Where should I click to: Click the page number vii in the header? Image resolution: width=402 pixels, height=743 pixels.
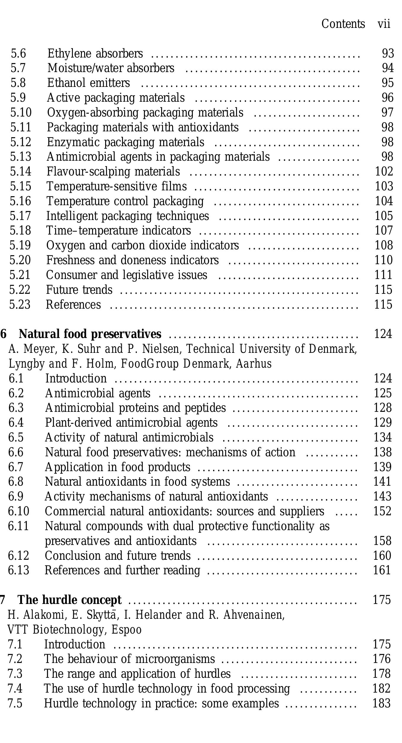384,24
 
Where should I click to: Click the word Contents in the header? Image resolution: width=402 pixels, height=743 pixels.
343,24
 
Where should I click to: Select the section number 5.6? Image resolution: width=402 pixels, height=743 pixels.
18,54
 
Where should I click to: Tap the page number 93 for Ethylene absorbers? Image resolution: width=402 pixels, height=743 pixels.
388,54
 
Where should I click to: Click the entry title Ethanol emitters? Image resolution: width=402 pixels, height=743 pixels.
88,83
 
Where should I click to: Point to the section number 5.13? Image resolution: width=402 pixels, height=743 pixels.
20,157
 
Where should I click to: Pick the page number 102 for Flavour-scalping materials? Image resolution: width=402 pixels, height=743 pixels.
384,172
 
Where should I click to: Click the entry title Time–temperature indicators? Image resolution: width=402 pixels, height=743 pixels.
118,231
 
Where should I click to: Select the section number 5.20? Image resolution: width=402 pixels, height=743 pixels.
20,260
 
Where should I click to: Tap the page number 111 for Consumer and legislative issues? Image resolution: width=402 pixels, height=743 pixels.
383,275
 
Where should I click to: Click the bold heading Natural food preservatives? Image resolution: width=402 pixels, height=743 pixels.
90,334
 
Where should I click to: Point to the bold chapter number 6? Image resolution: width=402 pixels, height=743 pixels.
3,334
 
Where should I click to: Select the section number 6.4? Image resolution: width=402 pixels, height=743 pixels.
16,423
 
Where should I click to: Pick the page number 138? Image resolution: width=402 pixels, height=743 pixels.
382,452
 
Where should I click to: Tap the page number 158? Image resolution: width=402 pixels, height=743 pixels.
382,541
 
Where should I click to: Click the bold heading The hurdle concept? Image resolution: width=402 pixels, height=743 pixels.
70,600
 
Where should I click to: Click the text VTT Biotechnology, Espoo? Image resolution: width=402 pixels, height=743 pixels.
74,630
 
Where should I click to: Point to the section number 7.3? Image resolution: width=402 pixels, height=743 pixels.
15,674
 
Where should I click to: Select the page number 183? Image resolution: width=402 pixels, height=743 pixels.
382,704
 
